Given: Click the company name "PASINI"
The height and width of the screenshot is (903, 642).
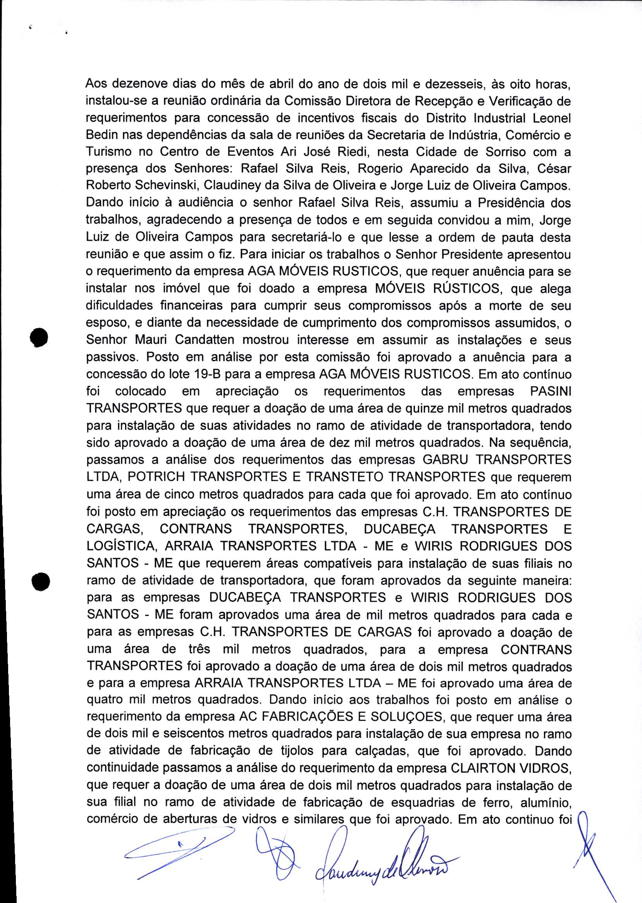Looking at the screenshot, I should (550, 391).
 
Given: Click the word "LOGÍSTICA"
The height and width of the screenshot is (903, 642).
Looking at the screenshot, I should (120, 546).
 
